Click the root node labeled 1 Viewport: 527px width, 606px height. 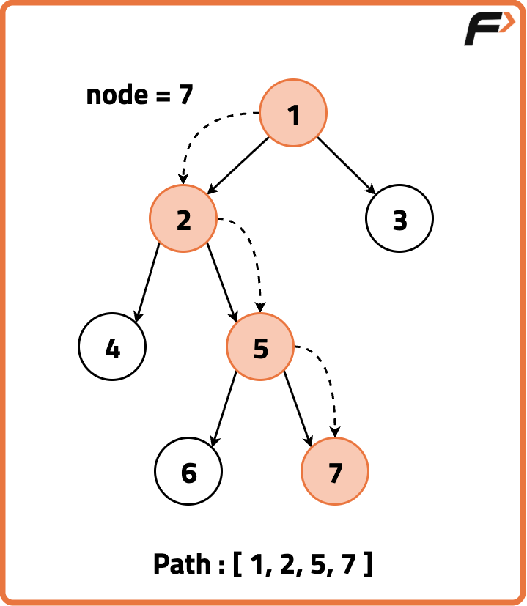293,114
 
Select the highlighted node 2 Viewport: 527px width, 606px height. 183,219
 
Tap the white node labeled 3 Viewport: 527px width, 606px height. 399,219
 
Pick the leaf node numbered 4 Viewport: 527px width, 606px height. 112,348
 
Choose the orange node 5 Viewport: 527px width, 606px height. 260,347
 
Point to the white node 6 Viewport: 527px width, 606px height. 188,473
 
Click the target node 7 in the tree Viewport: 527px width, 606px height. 335,473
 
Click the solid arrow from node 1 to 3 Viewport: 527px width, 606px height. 346,166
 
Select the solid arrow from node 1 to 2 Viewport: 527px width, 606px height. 239,166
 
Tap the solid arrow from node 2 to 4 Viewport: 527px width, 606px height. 147,283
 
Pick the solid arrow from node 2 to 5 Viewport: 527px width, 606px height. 222,283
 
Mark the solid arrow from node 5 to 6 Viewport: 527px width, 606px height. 224,409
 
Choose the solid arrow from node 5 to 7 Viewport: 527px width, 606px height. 298,409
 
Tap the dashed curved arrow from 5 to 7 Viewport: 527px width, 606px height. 328,377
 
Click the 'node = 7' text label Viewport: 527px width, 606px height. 139,95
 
